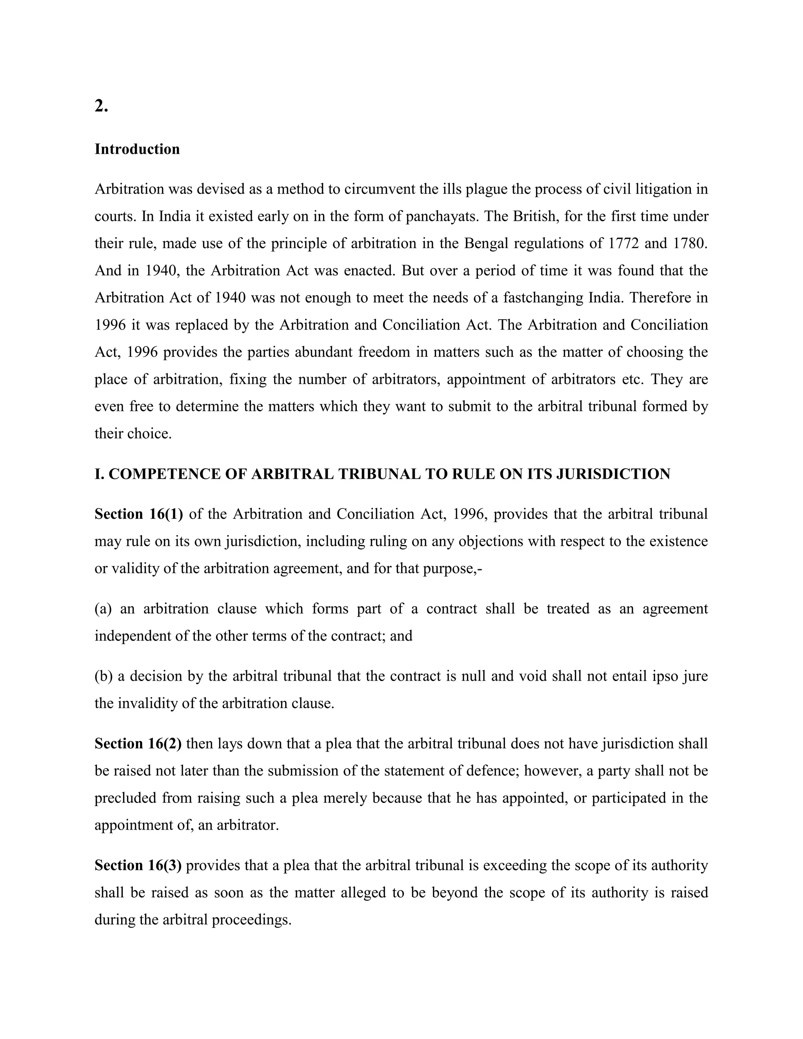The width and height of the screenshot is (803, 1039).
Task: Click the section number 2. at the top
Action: (x=101, y=107)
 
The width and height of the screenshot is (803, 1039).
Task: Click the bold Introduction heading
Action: (x=137, y=149)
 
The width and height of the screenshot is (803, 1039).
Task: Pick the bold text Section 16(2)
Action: (x=138, y=743)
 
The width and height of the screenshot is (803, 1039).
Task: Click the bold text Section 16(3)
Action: (x=138, y=865)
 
